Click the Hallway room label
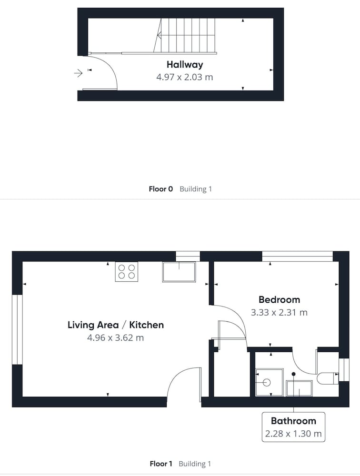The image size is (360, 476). click(x=185, y=64)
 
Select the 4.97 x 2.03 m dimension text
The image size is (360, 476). click(x=185, y=77)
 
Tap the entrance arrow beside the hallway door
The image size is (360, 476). click(x=79, y=73)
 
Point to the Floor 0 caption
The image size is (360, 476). click(x=160, y=189)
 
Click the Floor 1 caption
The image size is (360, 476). click(x=160, y=464)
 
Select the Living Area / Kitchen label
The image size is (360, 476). click(x=116, y=325)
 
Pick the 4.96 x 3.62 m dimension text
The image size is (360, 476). click(x=115, y=337)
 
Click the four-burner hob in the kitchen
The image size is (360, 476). click(x=126, y=272)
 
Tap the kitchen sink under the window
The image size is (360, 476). click(x=179, y=272)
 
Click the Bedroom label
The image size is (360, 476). click(x=279, y=299)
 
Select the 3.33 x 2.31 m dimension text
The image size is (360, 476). click(x=279, y=312)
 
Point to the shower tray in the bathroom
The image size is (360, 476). click(x=269, y=382)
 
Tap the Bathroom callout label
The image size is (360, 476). click(x=293, y=421)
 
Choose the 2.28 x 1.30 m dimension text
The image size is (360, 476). click(x=293, y=434)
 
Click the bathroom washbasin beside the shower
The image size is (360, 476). click(x=299, y=388)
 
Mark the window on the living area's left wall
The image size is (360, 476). click(x=17, y=329)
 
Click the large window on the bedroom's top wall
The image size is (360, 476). click(x=298, y=256)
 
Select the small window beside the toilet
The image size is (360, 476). click(x=344, y=370)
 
